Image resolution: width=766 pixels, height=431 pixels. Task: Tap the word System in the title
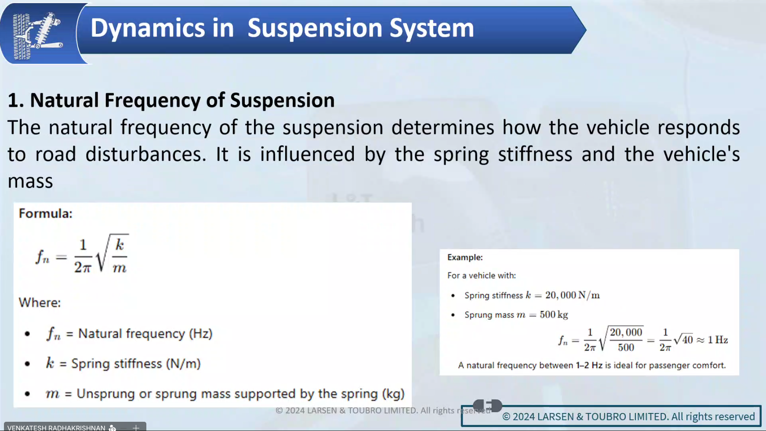pos(432,29)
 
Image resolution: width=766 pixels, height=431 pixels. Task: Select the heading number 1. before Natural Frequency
pos(16,101)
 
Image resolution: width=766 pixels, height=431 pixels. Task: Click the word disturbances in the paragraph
pos(145,154)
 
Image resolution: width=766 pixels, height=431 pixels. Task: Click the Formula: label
pos(45,214)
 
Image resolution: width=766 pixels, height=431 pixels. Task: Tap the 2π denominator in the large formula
pos(83,267)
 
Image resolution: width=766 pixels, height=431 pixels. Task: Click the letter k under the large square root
pos(120,245)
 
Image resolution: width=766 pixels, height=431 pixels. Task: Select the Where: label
pos(40,303)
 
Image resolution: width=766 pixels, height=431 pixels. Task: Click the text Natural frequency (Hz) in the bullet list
pos(145,334)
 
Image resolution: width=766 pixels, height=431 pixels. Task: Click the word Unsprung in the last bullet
pos(105,394)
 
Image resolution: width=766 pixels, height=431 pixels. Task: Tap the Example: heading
pos(465,257)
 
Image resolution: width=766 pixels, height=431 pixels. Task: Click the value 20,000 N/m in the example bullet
pos(573,295)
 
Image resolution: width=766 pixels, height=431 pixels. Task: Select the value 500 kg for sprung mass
pos(554,315)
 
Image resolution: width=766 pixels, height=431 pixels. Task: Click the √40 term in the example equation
pos(683,339)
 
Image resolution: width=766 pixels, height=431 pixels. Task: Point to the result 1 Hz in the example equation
pos(718,340)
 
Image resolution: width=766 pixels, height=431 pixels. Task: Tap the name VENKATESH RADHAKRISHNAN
pos(56,427)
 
